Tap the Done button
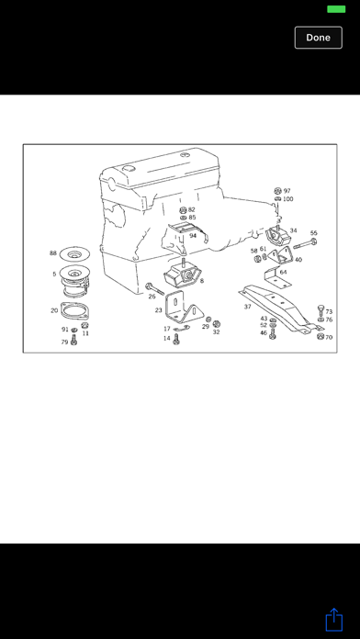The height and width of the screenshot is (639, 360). [x=318, y=38]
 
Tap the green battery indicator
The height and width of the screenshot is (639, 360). [x=336, y=9]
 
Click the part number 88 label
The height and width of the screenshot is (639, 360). [x=53, y=253]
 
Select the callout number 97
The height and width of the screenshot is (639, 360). [x=287, y=190]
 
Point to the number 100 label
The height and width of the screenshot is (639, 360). [x=287, y=199]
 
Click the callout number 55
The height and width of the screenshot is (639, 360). [x=313, y=233]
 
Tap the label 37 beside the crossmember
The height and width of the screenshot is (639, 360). [x=247, y=306]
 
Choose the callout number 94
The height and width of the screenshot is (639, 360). [x=193, y=236]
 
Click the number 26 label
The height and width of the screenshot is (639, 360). [x=152, y=297]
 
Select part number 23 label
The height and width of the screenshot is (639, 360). [x=158, y=310]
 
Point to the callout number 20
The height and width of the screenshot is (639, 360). [x=54, y=310]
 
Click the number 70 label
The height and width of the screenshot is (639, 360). [x=328, y=337]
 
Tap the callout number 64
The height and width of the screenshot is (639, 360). [x=283, y=272]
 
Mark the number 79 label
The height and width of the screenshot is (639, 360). [x=64, y=342]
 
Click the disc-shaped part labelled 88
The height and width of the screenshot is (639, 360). [x=76, y=254]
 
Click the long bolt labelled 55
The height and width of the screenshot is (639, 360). [x=304, y=244]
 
